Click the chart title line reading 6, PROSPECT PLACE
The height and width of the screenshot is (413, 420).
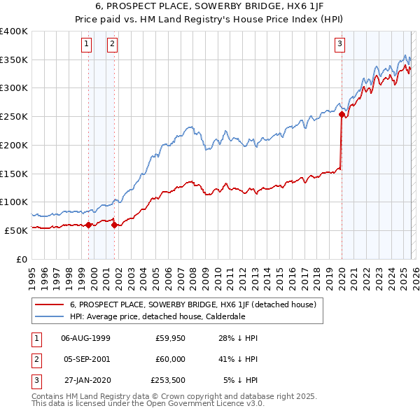pos(210,6)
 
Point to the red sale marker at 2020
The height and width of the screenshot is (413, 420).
pos(342,114)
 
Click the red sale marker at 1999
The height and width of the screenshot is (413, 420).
pos(89,225)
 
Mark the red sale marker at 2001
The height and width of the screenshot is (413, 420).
pos(114,225)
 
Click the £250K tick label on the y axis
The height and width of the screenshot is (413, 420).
pos(14,117)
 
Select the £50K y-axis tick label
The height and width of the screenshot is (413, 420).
pos(16,230)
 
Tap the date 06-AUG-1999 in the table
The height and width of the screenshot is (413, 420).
pos(85,338)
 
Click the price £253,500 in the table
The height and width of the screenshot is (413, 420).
pos(168,380)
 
